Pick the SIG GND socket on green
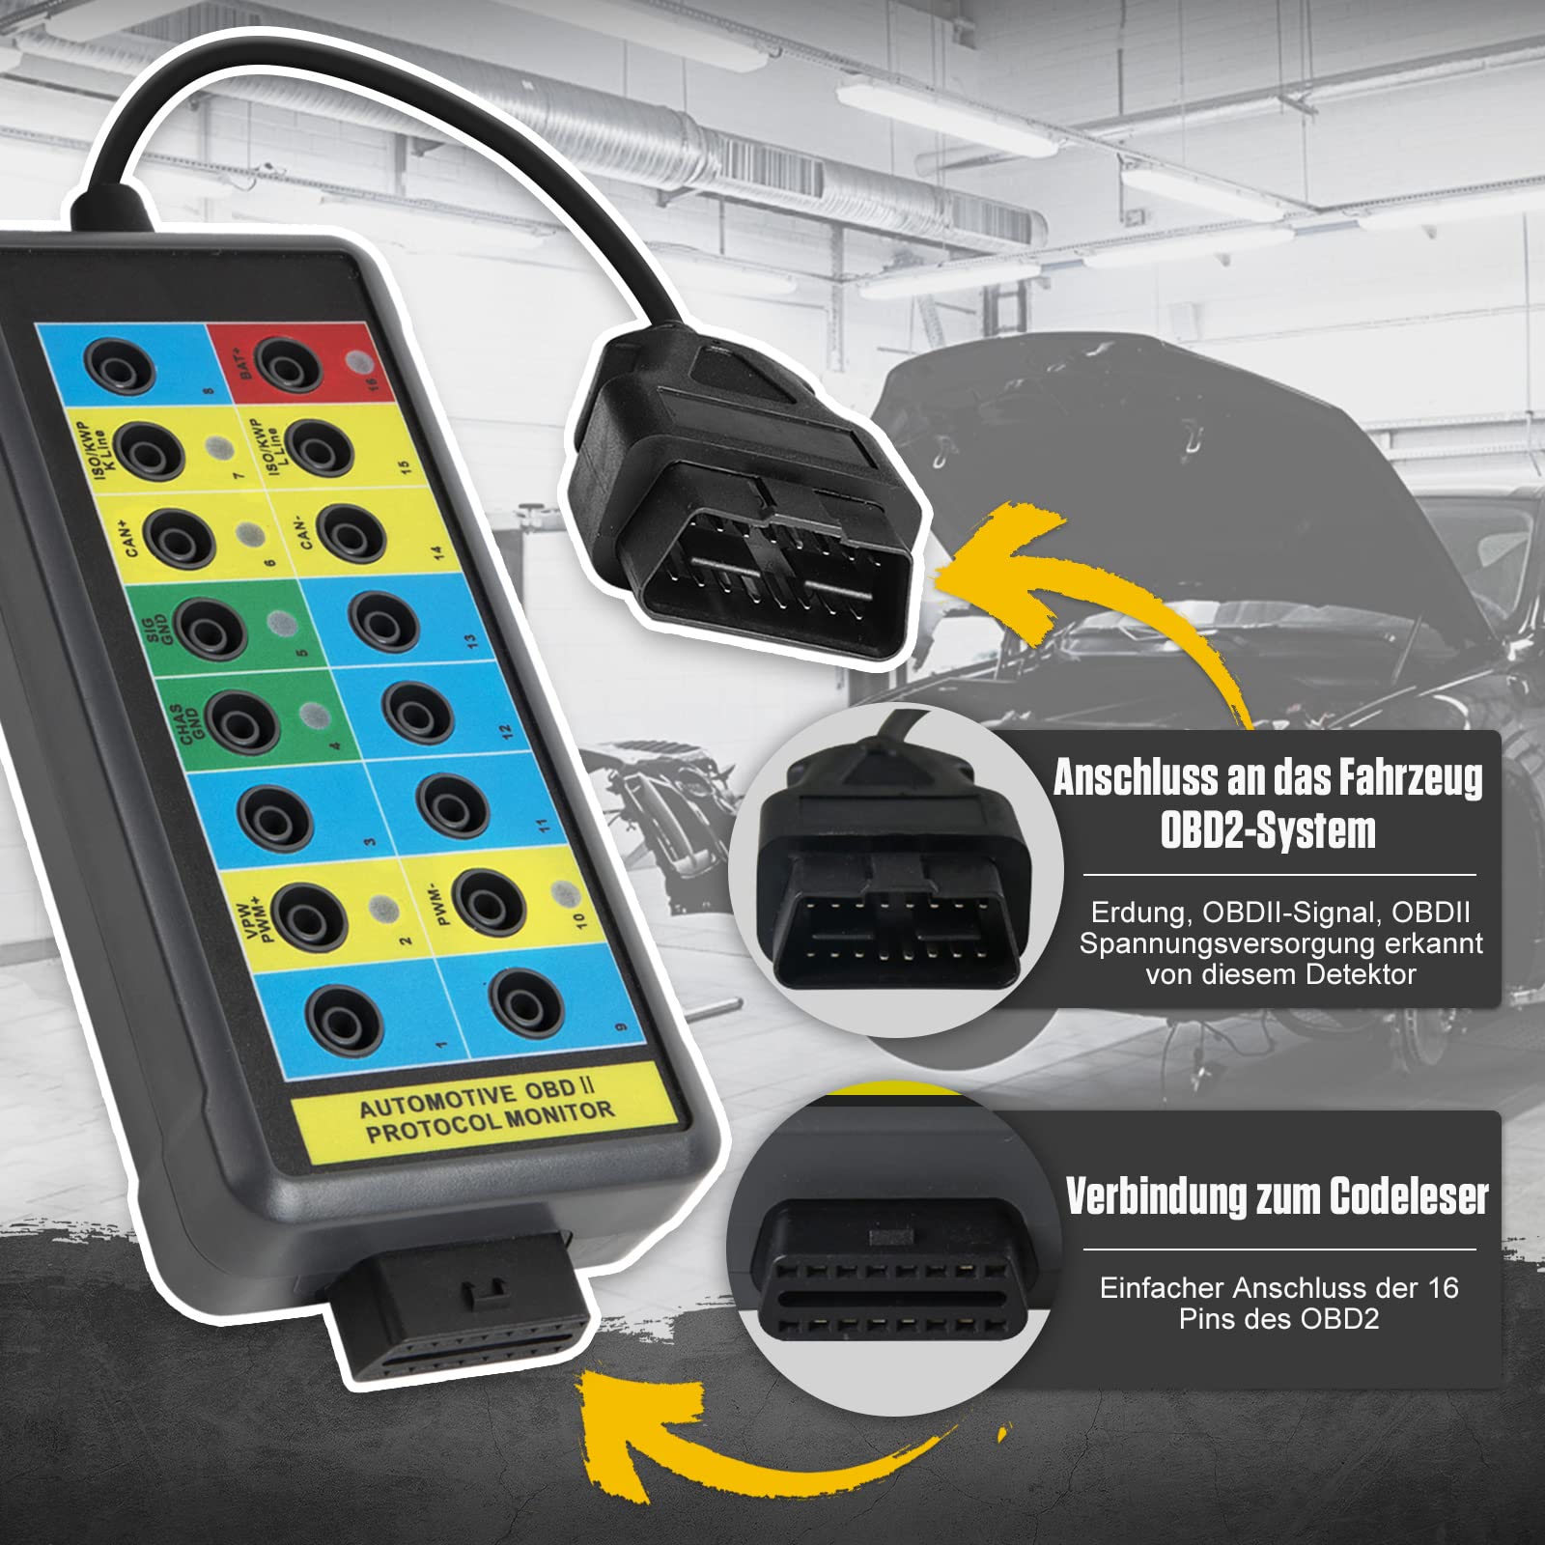(x=209, y=630)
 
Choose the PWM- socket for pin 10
(x=489, y=902)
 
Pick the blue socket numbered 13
(x=383, y=620)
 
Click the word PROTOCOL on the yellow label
(x=435, y=1127)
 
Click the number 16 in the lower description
(x=1443, y=1287)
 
